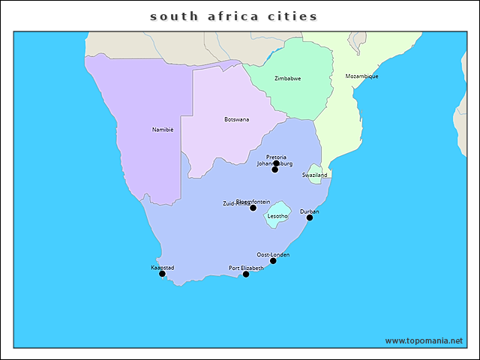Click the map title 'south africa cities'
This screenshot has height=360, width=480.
[x=233, y=16]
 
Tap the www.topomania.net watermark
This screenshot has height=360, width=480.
[x=424, y=340]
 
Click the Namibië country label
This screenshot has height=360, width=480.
[x=163, y=130]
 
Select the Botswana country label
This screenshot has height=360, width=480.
[x=237, y=119]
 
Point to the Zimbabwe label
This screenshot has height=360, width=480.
[x=287, y=78]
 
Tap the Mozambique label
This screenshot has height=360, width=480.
[x=361, y=76]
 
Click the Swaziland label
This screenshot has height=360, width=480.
[x=315, y=175]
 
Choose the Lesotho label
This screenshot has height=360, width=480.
[x=277, y=216]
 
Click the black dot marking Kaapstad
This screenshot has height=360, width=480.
[x=162, y=274]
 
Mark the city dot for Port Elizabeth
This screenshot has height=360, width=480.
[x=246, y=274]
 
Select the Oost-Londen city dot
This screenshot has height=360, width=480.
[x=273, y=261]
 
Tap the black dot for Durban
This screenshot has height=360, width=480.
[x=309, y=217]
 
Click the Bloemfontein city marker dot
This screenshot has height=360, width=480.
[x=253, y=208]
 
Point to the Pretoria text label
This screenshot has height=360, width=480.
[x=276, y=157]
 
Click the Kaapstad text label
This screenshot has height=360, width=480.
[x=163, y=267]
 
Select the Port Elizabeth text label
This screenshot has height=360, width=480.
[x=246, y=268]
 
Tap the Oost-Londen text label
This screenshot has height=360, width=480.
[x=273, y=254]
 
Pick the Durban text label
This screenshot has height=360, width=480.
[x=309, y=211]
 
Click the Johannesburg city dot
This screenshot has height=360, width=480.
[x=274, y=169]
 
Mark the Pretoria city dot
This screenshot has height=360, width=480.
[x=276, y=163]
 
